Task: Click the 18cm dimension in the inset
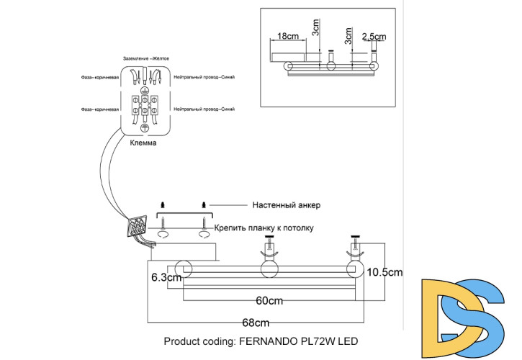click(288, 35)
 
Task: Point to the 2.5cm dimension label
click(374, 35)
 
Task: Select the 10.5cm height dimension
click(384, 272)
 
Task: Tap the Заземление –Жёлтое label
click(147, 57)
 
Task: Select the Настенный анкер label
click(286, 205)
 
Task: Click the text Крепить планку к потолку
click(265, 228)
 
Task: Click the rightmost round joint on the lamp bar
click(354, 269)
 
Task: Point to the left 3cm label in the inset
click(315, 29)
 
